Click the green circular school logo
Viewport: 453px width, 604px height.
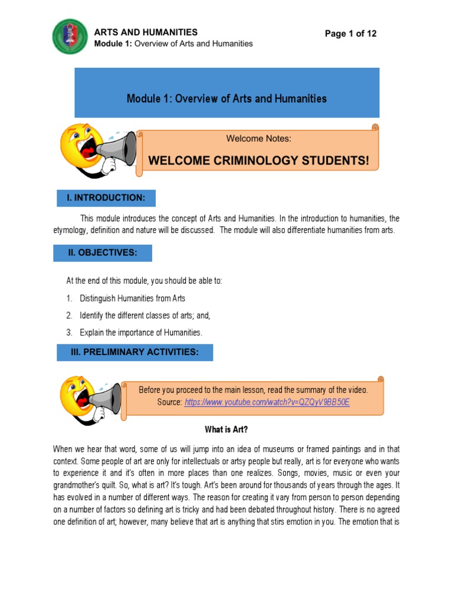[70, 37]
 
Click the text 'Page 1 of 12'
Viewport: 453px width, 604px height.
[350, 34]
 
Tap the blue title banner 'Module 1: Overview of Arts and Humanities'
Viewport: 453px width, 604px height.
[226, 99]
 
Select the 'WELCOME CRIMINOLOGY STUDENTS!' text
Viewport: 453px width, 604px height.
[258, 160]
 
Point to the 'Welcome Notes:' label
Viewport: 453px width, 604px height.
[258, 139]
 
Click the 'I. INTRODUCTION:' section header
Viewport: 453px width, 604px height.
[106, 198]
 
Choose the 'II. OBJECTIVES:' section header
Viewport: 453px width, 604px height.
[103, 253]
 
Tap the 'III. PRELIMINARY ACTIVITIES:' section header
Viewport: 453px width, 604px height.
[134, 352]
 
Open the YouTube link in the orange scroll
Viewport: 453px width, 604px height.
[267, 402]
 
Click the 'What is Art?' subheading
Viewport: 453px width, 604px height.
[226, 429]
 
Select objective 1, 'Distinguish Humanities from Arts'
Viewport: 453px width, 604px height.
[132, 298]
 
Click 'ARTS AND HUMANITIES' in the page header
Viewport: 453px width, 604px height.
[146, 32]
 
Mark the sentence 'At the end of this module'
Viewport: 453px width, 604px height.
[144, 281]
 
